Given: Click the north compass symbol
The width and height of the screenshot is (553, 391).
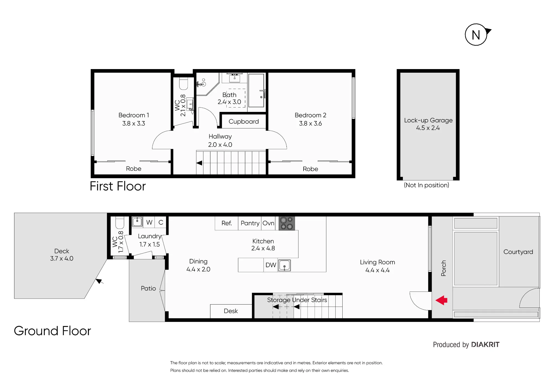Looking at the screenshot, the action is (x=476, y=35).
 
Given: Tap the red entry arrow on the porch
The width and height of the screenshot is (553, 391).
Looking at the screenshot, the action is (x=441, y=300).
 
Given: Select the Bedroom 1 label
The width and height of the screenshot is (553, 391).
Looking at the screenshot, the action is (x=134, y=115).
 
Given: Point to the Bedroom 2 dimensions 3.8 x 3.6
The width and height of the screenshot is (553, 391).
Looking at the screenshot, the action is (x=310, y=124).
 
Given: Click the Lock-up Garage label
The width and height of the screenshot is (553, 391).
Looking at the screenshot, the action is (x=428, y=120).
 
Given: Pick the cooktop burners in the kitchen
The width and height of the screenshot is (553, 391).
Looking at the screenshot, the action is (x=287, y=223).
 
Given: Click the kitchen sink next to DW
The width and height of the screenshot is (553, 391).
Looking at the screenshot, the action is (x=284, y=265).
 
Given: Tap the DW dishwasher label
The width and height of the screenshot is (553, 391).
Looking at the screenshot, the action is (x=271, y=265).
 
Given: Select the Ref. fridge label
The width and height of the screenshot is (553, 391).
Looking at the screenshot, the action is (x=227, y=223).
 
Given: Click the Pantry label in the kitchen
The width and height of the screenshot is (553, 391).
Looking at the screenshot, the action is (x=250, y=223).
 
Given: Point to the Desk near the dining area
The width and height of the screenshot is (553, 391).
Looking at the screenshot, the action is (x=231, y=311).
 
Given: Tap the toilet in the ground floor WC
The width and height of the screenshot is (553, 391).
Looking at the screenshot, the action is (x=120, y=223).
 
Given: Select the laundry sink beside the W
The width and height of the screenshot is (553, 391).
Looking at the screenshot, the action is (x=137, y=222).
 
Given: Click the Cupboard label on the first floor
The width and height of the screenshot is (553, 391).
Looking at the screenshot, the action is (x=244, y=122).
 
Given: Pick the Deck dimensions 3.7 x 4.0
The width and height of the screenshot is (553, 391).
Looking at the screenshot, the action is (x=62, y=258).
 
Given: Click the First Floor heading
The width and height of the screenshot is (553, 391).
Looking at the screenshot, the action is (x=118, y=186).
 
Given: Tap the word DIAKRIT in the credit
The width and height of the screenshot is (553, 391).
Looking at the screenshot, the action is (x=485, y=345).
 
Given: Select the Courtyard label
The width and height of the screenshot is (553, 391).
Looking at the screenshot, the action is (x=518, y=252).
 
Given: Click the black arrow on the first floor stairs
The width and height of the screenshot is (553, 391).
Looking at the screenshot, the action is (x=199, y=163).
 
